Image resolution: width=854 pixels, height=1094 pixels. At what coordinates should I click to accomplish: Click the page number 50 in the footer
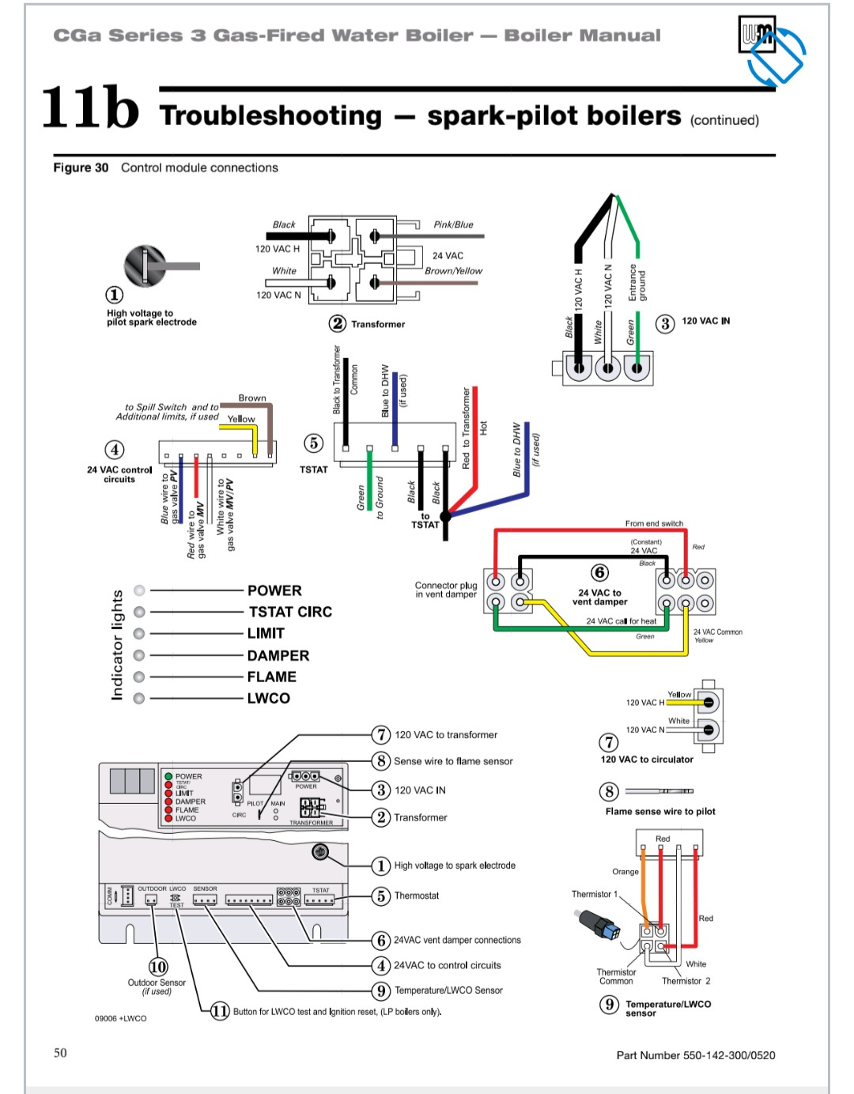click(60, 1053)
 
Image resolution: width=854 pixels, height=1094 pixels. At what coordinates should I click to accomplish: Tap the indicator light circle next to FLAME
click(140, 677)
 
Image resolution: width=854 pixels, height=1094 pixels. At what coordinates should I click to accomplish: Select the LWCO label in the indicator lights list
click(269, 699)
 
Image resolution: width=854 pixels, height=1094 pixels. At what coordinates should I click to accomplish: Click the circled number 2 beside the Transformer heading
click(338, 323)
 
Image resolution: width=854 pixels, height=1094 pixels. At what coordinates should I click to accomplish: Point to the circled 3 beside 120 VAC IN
click(665, 323)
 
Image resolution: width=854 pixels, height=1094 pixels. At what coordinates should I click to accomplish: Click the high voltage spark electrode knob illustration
click(147, 266)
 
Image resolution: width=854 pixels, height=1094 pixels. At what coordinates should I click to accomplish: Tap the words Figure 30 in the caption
click(81, 168)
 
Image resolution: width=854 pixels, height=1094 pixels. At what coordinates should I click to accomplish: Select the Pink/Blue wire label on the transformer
click(453, 224)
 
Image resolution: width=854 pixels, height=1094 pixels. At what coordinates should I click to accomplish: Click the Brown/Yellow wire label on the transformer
click(453, 271)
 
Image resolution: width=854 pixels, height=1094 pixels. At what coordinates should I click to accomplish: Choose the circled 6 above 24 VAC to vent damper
click(600, 572)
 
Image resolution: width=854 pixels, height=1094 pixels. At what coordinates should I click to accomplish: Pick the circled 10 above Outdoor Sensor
click(158, 966)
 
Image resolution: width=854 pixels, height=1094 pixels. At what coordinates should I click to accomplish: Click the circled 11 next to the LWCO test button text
click(220, 1011)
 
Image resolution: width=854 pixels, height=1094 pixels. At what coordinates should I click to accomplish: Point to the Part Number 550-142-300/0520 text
click(696, 1055)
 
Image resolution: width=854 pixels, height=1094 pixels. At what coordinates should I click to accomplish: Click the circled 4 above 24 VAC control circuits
click(115, 450)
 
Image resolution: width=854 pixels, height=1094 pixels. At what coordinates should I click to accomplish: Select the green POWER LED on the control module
click(168, 776)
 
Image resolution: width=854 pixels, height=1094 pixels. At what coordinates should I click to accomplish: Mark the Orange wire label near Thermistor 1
click(625, 872)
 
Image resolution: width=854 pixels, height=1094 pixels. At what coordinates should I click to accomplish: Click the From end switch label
click(654, 523)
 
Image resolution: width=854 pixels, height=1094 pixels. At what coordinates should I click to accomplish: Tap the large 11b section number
click(89, 108)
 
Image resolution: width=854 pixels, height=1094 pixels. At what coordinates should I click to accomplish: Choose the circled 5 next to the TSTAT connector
click(314, 443)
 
